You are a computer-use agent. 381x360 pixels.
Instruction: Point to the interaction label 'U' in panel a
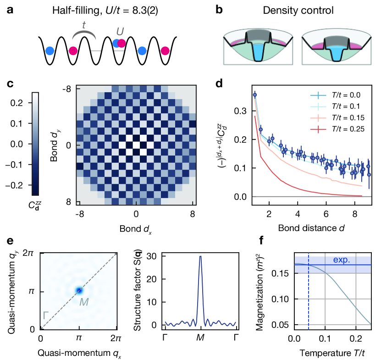point(120,31)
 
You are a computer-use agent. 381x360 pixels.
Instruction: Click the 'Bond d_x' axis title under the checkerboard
point(136,228)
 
